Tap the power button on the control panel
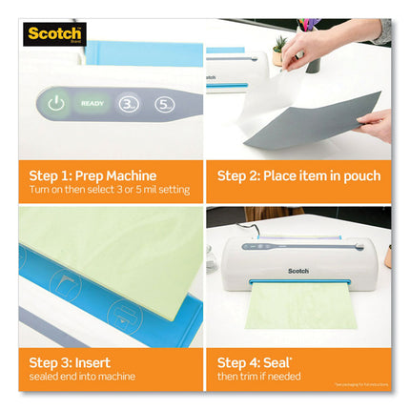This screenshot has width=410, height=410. [x=55, y=103]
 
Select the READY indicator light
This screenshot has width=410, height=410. [x=92, y=103]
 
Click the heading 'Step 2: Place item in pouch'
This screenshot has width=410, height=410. [x=298, y=175]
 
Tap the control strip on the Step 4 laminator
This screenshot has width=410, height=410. [x=258, y=246]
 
